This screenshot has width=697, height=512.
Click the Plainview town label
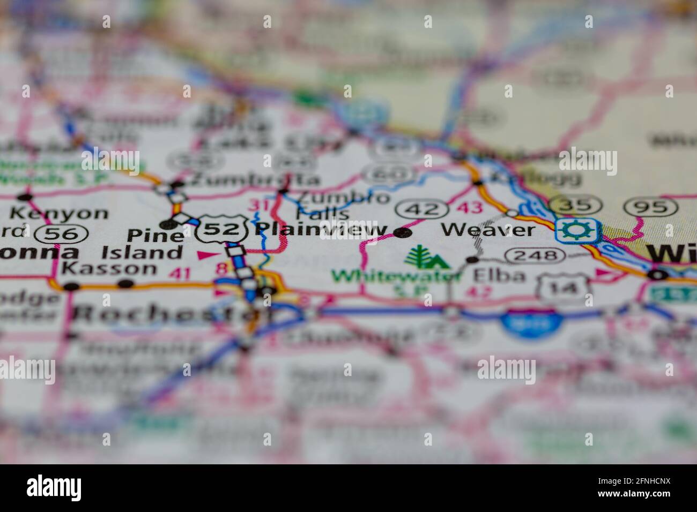(321, 230)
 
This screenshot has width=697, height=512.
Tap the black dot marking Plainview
(403, 232)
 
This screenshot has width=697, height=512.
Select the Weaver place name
(487, 230)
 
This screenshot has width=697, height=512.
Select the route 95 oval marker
(651, 207)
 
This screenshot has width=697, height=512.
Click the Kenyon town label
(59, 213)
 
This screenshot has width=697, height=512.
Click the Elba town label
(492, 275)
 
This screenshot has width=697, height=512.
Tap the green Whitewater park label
(396, 276)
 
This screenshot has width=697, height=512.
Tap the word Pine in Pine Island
(155, 236)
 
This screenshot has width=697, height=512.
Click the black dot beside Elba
(472, 260)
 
